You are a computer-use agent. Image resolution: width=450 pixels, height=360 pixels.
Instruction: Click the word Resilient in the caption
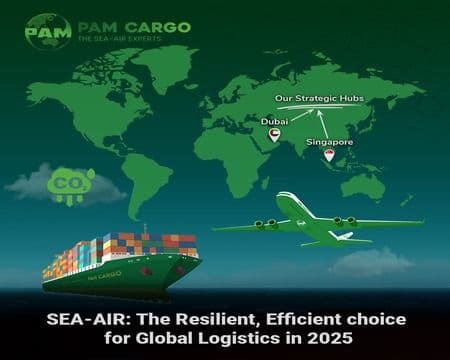[x=215, y=321]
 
